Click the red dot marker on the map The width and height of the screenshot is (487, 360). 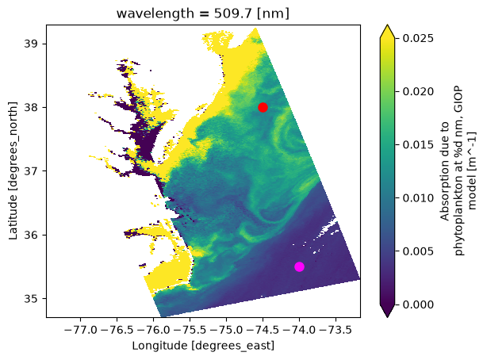coord(263,108)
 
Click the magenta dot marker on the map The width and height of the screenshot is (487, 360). coord(299,266)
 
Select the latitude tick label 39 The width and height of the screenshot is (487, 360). coord(31,44)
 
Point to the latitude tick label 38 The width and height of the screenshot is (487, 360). coord(31,108)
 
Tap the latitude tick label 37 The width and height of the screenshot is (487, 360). coord(31,171)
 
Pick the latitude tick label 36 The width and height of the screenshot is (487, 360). coord(31,235)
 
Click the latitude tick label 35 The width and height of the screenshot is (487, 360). coord(31,298)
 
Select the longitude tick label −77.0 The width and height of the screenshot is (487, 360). coord(81,329)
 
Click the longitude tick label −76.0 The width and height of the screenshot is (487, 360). coord(153,329)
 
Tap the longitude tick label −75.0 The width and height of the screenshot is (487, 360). coord(226,329)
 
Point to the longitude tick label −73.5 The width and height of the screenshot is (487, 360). coord(336,329)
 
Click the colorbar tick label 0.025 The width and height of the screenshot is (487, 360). coord(418,38)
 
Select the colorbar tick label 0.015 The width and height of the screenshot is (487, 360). coord(418,145)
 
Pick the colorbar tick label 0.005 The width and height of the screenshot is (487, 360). coord(418,251)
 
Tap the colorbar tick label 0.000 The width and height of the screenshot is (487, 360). coord(418,304)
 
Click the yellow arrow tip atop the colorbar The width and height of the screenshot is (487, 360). coord(387,25)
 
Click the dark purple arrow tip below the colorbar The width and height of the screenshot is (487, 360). coord(387,317)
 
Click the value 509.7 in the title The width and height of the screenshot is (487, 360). coord(232,13)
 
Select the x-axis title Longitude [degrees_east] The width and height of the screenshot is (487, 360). coord(203,346)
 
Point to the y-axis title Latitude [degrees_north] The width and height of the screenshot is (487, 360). coord(13,170)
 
